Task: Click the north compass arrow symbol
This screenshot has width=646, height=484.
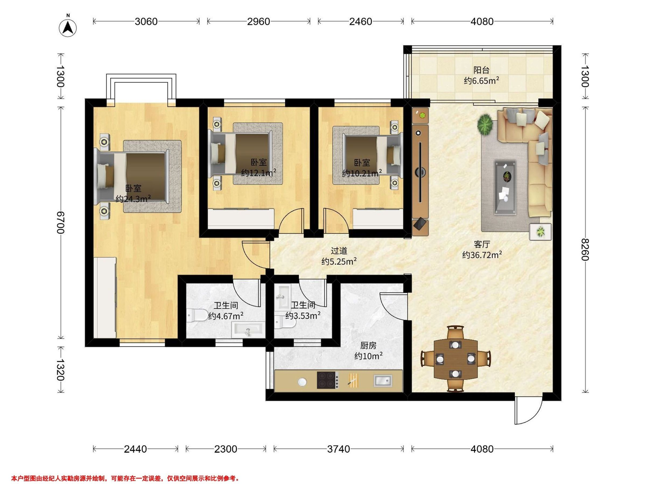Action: tap(68, 28)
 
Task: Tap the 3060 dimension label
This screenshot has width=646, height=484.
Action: tap(146, 22)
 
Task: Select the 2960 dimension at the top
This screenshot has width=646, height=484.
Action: tap(258, 22)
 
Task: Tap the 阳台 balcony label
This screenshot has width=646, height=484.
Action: tap(481, 70)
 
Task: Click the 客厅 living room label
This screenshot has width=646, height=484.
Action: tap(482, 244)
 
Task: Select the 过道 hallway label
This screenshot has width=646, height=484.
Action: tap(339, 251)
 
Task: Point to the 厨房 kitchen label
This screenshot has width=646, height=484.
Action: tap(368, 346)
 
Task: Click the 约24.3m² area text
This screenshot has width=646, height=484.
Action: tap(133, 199)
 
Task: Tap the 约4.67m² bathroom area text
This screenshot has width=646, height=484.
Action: tap(226, 316)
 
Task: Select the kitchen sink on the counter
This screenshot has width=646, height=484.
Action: tap(383, 380)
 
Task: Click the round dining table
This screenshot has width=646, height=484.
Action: tap(456, 359)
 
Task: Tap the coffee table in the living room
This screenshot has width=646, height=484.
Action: tap(505, 187)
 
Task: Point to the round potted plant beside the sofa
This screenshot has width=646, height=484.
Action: tap(485, 124)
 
